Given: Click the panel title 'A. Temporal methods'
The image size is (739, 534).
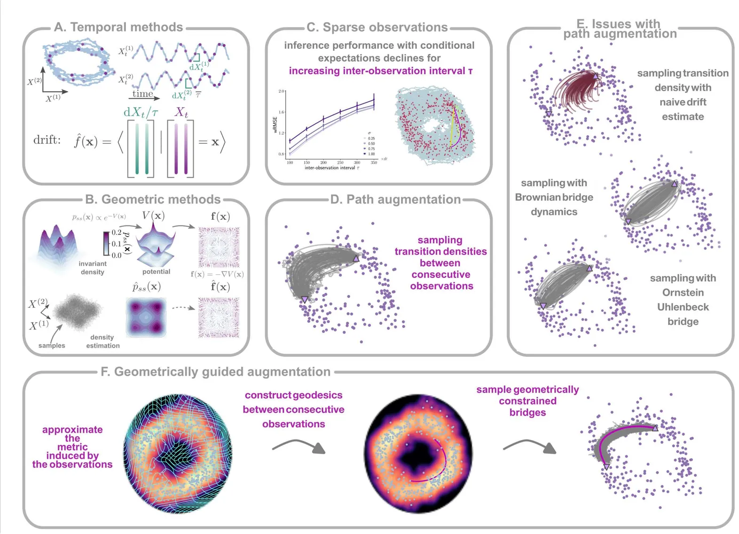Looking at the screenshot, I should point(118,27).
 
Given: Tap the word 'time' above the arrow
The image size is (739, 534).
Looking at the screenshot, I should point(142,93).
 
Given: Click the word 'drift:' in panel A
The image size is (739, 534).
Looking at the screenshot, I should point(47,140).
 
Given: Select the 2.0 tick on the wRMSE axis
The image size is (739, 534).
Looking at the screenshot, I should point(282,91).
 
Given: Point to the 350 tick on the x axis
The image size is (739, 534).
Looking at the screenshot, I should point(374,163).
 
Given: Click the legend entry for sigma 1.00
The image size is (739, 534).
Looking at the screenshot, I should point(369,154).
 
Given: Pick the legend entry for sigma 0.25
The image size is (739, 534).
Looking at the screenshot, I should point(369,139).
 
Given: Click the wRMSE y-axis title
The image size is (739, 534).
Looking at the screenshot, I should point(275,125).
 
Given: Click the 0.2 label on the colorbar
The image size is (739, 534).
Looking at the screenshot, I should point(116,232).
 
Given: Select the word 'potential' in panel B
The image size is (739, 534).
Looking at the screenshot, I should point(156,271).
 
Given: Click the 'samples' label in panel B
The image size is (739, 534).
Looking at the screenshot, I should point(52,346).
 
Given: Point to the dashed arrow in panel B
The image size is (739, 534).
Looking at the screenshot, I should point(183,308).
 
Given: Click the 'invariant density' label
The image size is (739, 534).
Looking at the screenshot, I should point(92,268).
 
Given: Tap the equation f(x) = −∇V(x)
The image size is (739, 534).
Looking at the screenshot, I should point(217,274).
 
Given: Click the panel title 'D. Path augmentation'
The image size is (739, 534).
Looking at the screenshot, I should point(395,200).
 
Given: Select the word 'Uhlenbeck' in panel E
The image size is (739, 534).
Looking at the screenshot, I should point(683,307).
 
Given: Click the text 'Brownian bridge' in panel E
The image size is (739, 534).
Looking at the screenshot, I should point(554,197).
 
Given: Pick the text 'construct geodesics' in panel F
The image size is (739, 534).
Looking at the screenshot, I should point(293,395).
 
